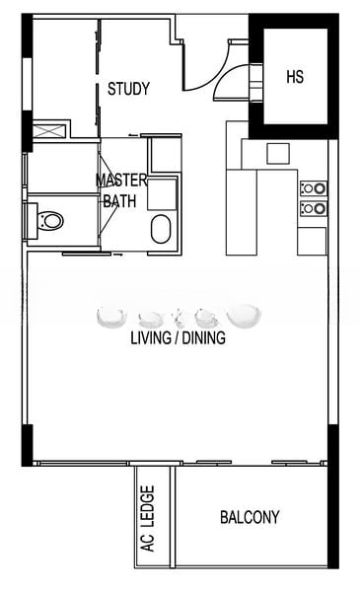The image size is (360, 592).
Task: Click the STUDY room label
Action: coord(128,89)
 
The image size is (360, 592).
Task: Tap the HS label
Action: coord(295,76)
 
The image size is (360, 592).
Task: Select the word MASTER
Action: coord(121,181)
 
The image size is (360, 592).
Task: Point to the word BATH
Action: coord(120,200)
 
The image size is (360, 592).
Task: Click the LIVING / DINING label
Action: coord(178,337)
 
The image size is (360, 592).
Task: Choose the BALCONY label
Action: coord(250,516)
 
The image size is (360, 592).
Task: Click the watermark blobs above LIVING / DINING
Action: coord(180,316)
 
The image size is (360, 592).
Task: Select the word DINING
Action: coord(204,337)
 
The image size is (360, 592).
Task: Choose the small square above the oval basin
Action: coord(159,194)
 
